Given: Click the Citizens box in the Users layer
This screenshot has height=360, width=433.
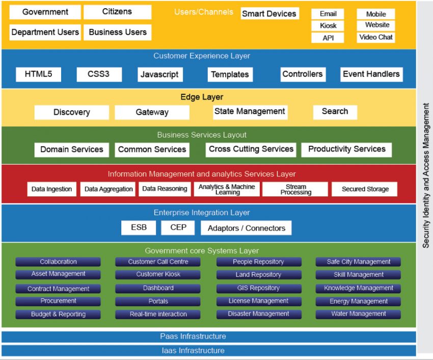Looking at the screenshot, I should (x=117, y=12).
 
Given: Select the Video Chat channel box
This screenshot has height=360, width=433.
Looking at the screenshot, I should (x=376, y=37).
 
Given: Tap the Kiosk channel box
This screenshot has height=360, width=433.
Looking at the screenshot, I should (x=328, y=25).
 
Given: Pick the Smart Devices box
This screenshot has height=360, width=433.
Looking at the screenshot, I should (x=269, y=14).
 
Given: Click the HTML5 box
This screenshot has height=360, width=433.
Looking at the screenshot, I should (x=38, y=74).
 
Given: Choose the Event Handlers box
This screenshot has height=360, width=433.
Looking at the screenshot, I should (x=371, y=74).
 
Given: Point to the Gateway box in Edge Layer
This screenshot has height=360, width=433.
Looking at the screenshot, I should (x=152, y=112).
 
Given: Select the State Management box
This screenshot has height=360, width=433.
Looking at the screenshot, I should (x=250, y=112).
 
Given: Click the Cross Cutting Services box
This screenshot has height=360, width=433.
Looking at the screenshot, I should (x=251, y=149).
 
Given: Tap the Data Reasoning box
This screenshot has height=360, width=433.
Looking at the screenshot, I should (x=165, y=189).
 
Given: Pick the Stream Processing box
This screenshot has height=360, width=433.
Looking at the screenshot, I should (x=295, y=189).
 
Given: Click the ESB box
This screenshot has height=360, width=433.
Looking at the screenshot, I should (x=139, y=227).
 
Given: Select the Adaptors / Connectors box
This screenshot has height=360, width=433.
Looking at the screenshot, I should (x=246, y=228).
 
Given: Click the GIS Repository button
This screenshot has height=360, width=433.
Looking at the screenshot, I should (x=258, y=288).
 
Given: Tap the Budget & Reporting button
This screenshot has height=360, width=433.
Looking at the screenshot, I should (x=58, y=314).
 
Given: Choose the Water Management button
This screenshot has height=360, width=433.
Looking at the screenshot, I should (x=358, y=314).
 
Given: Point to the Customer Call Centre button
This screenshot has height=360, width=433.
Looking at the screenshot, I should (x=158, y=262).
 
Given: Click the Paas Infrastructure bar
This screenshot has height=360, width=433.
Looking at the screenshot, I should (x=193, y=337).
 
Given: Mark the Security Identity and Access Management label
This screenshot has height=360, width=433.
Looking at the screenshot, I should (x=426, y=176).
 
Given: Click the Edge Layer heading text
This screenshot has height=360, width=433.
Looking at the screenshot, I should (x=202, y=97).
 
